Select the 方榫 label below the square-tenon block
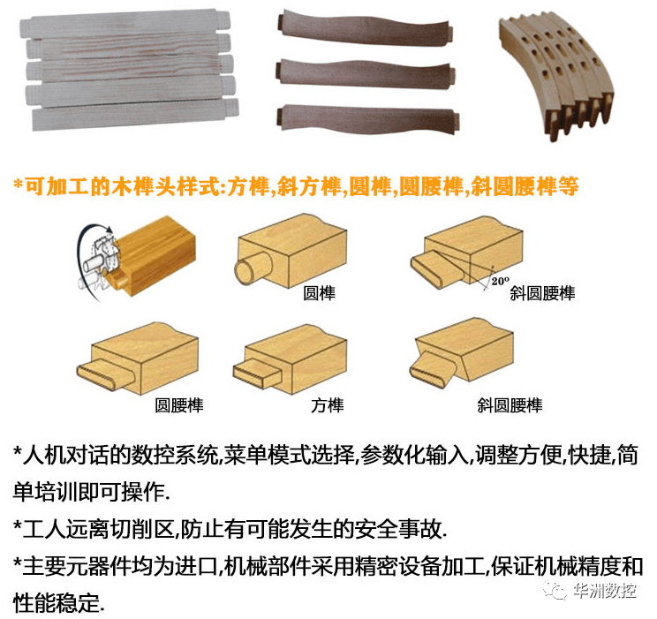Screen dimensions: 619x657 [x=327, y=406]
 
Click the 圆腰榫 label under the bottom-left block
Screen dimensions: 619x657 [x=179, y=406]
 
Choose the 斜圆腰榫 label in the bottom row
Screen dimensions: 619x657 [x=510, y=406]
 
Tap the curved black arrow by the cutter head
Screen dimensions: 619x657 [x=85, y=238]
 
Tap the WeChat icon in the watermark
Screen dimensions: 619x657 [x=556, y=591]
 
